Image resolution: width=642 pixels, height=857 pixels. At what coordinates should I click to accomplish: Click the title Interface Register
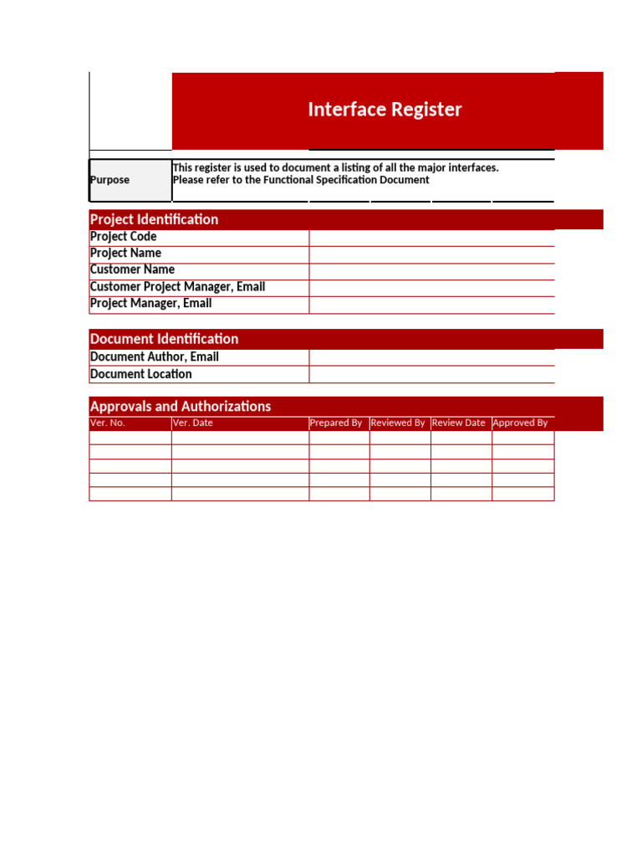[x=385, y=110]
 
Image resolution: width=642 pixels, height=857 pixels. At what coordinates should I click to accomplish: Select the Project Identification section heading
[x=154, y=219]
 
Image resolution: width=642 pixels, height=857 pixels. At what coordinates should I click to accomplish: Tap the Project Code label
[x=123, y=237]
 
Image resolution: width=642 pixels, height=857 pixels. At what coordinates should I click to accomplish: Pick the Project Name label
[x=125, y=253]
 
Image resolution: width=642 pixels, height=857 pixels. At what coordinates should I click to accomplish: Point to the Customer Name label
[x=132, y=269]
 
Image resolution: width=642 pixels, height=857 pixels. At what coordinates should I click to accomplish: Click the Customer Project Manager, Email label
[x=177, y=286]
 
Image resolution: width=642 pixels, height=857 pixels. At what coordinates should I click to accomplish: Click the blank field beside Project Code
[x=431, y=238]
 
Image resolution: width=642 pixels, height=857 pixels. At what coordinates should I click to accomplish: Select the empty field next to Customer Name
[x=431, y=271]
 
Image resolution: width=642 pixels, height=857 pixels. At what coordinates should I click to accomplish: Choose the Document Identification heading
[x=164, y=339]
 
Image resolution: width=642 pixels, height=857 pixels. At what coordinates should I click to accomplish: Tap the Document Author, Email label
[x=154, y=357]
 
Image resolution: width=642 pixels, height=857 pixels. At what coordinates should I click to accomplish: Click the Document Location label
[x=140, y=374]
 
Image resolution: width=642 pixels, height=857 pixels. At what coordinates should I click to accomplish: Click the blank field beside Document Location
[x=431, y=374]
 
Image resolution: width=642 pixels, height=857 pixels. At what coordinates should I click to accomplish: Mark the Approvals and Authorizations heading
[x=181, y=406]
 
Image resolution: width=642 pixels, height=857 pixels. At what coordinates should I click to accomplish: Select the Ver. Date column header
[x=193, y=423]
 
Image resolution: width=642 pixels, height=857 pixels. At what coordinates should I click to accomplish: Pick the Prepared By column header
[x=336, y=423]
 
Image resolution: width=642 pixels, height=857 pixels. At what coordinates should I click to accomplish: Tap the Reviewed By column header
[x=398, y=423]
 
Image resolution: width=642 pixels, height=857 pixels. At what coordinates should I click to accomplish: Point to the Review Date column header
[x=459, y=423]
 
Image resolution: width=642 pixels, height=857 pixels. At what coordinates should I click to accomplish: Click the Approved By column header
[x=520, y=423]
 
